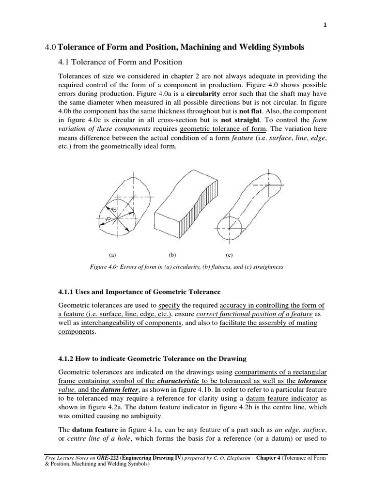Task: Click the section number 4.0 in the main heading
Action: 50,47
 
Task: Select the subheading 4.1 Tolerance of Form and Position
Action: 120,62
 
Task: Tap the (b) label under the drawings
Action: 172,254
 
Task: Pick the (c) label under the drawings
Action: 229,254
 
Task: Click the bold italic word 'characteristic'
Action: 188,381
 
